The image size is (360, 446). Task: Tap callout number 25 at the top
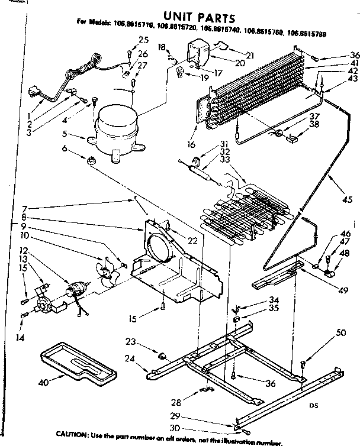pyautogui.click(x=142, y=40)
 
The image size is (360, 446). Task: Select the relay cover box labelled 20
pyautogui.click(x=200, y=50)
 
